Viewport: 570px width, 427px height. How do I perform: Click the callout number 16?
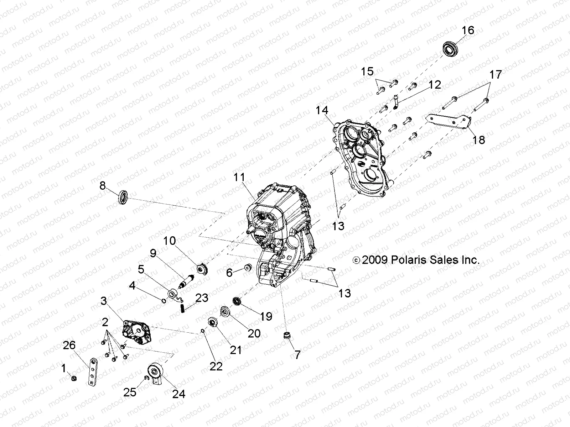pyautogui.click(x=468, y=31)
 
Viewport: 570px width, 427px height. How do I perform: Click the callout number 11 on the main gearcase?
pyautogui.click(x=240, y=178)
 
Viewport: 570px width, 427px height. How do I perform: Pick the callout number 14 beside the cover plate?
pyautogui.click(x=322, y=111)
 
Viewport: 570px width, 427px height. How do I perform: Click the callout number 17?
pyautogui.click(x=496, y=75)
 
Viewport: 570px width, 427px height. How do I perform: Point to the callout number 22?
pyautogui.click(x=216, y=366)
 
